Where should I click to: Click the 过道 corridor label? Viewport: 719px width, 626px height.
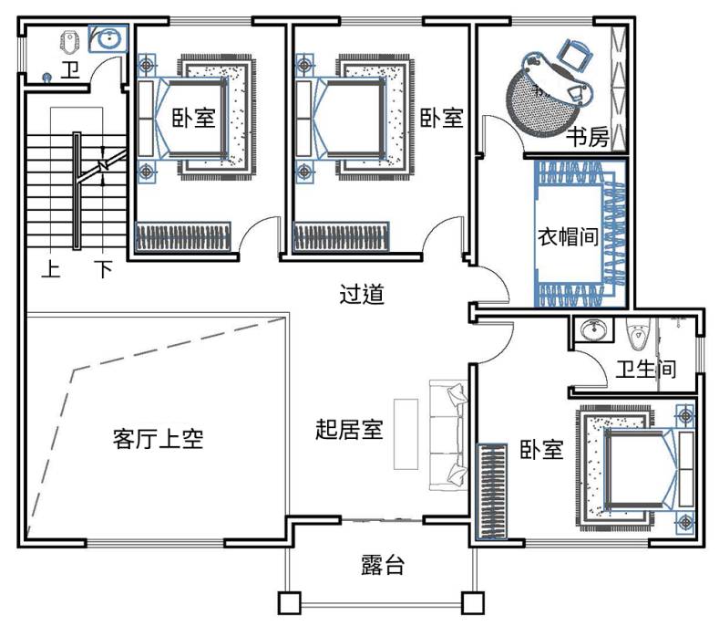point(362,295)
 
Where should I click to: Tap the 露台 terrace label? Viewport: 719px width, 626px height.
point(383,565)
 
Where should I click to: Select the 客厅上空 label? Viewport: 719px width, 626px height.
point(159,439)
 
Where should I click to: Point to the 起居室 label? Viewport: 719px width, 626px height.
point(349,430)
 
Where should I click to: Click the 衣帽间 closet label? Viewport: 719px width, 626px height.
point(568,236)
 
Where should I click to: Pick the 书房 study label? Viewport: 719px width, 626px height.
point(588,136)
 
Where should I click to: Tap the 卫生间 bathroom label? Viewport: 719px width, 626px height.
point(645,369)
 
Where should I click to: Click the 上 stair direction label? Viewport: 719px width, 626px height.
point(51,268)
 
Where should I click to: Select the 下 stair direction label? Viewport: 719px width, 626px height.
point(104,268)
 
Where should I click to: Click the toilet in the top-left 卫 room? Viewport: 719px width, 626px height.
point(69,42)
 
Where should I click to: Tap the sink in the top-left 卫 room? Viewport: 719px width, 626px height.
point(108,38)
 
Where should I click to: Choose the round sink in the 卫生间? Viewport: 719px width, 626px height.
point(594,329)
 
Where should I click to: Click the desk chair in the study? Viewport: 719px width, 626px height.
point(574,55)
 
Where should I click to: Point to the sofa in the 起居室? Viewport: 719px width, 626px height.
point(448,435)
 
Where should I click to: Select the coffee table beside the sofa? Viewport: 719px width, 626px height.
point(406,434)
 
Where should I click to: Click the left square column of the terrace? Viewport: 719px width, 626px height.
point(289,603)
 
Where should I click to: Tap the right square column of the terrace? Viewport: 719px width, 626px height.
point(473,603)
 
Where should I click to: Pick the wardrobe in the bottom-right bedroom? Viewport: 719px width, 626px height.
point(492,491)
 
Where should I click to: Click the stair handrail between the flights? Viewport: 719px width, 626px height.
point(77,191)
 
